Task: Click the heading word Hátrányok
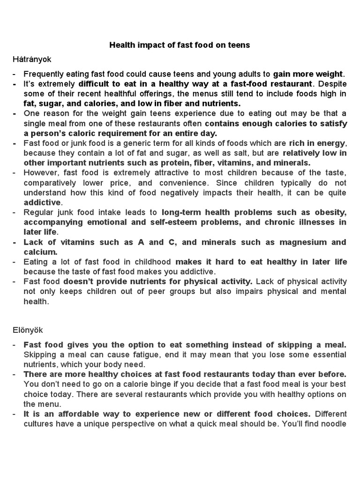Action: (32, 60)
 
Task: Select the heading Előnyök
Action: (29, 330)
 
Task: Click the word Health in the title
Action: (122, 45)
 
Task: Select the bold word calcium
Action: (39, 252)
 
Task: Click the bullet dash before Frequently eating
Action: (15, 74)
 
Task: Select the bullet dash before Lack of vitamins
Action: (15, 242)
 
